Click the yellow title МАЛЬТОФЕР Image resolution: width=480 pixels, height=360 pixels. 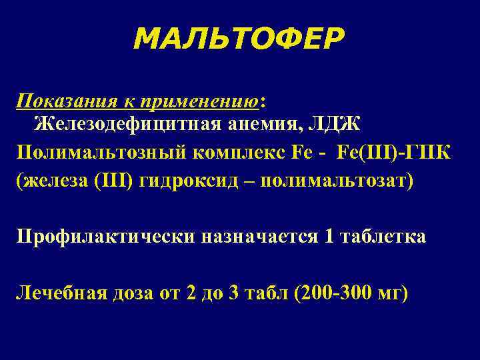(239, 39)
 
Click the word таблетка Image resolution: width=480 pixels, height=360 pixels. (381, 237)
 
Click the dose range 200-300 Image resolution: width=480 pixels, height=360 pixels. (336, 294)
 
